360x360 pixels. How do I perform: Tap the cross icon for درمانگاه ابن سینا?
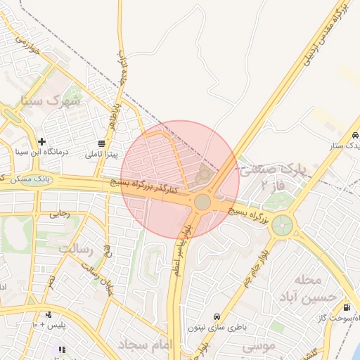point(42,141)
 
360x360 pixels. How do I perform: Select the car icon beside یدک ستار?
point(355,134)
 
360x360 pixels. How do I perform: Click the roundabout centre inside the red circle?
point(202,202)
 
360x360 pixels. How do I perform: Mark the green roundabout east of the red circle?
point(283,226)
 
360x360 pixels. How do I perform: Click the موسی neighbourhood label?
point(259,347)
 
